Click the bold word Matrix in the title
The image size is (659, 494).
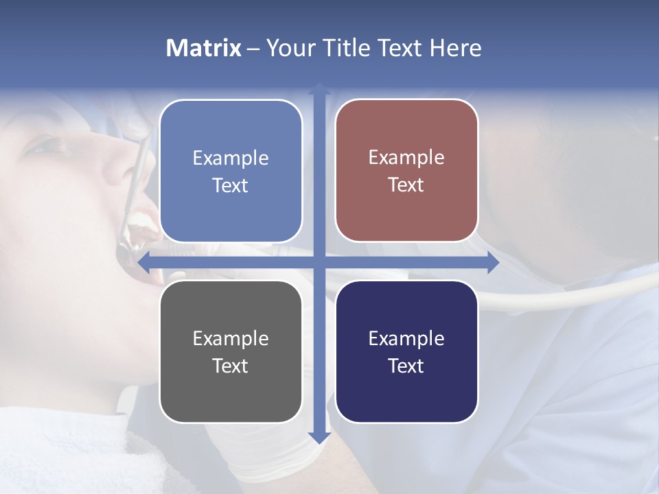[x=204, y=48]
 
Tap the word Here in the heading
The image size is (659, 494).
[x=455, y=48]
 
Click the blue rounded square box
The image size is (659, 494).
[x=231, y=171]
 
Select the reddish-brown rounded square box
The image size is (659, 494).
[x=406, y=170]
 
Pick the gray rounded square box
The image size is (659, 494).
[x=231, y=351]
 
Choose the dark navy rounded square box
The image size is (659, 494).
[x=406, y=351]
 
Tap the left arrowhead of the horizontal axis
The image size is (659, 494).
[x=143, y=262]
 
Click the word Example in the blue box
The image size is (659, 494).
[x=231, y=158]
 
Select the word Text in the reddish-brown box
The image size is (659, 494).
[x=406, y=185]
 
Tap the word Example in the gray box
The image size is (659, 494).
[x=231, y=339]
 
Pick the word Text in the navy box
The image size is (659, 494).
[x=406, y=366]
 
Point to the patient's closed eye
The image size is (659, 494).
[x=51, y=147]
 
